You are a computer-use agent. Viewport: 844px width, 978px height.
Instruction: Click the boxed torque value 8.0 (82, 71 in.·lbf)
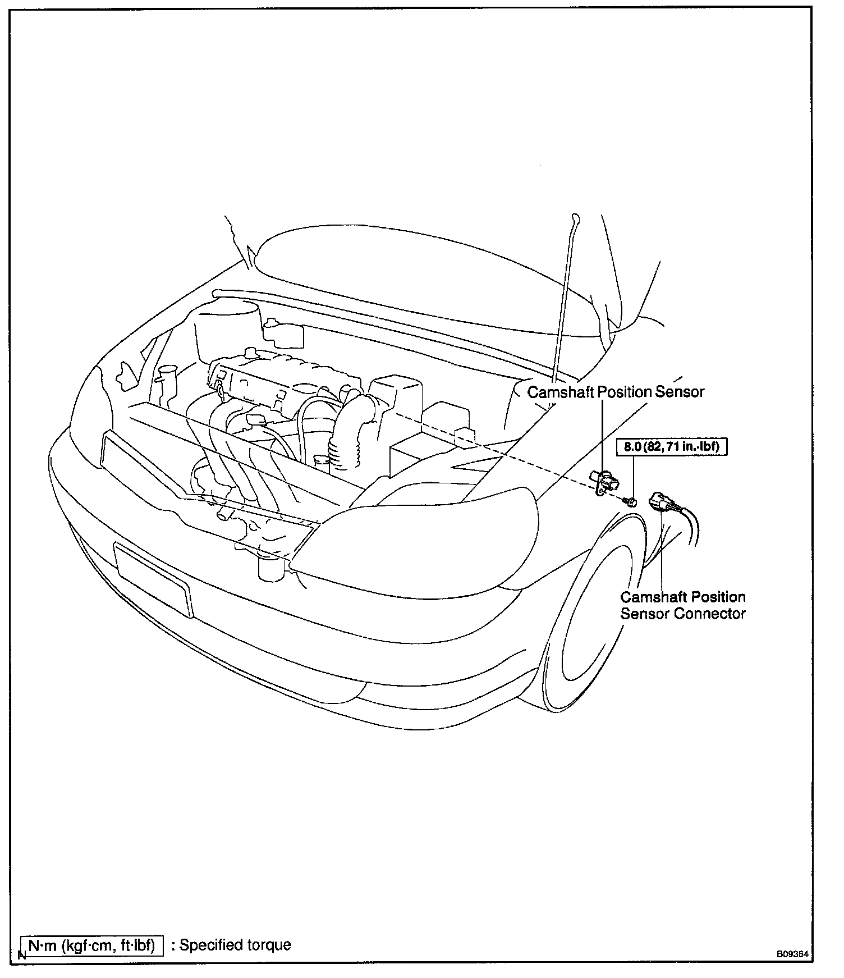click(672, 447)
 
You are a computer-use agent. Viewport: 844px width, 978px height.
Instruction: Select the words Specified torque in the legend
click(235, 945)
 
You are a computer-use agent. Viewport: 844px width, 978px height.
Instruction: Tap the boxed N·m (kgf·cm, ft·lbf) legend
click(91, 945)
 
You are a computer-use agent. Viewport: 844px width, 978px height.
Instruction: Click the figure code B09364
click(793, 954)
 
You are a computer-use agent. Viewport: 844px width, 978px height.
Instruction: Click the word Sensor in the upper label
click(680, 392)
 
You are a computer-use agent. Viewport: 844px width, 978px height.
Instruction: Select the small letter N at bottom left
click(22, 954)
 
